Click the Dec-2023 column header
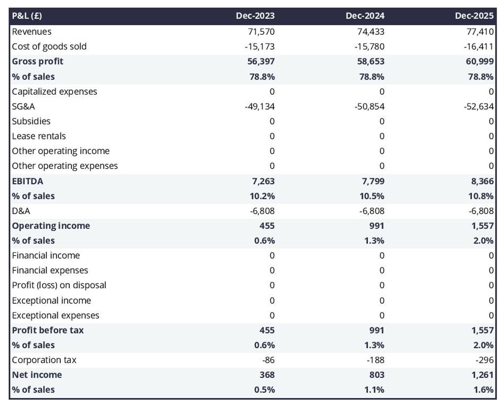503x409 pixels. [x=255, y=16]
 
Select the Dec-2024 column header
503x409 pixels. [x=365, y=16]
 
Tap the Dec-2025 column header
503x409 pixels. [x=474, y=16]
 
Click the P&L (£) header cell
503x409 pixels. [x=27, y=16]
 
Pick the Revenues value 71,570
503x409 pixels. [x=262, y=31]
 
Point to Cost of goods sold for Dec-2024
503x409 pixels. [x=369, y=47]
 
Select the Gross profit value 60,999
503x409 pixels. [x=480, y=61]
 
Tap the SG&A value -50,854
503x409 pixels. [x=369, y=106]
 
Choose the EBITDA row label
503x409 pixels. [x=27, y=181]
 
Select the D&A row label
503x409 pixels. [x=21, y=211]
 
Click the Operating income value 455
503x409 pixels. [x=267, y=226]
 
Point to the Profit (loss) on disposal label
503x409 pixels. [x=59, y=285]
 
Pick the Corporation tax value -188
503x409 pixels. [x=376, y=360]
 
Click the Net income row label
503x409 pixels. [x=37, y=375]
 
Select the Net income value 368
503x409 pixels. [x=267, y=375]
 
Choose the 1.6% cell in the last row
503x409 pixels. [x=484, y=390]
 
